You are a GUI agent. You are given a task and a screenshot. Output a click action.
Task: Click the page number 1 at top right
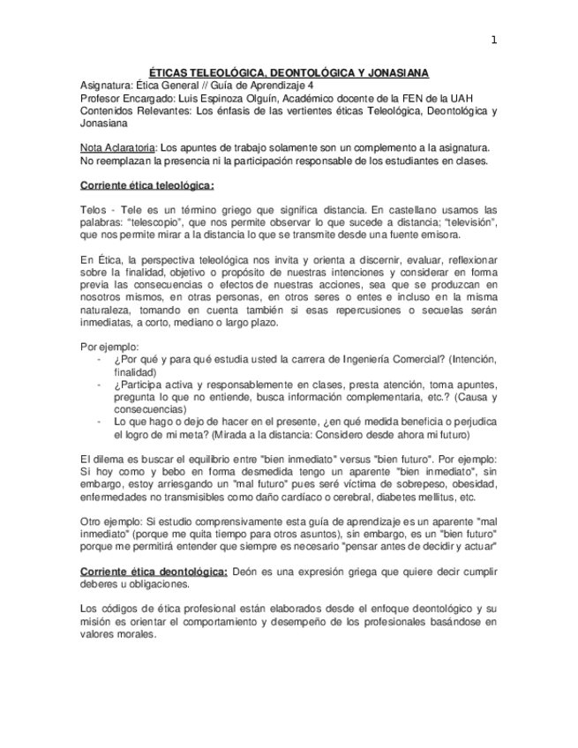point(494,40)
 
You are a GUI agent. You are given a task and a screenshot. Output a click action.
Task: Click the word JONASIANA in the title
point(396,74)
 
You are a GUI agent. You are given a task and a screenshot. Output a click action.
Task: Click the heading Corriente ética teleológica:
point(146,186)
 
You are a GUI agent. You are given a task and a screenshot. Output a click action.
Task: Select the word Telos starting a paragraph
point(92,210)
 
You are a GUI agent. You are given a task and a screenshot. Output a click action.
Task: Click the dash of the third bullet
point(96,423)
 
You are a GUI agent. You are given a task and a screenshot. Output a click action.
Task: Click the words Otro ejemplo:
point(109,521)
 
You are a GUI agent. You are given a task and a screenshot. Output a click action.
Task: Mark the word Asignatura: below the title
point(106,86)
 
